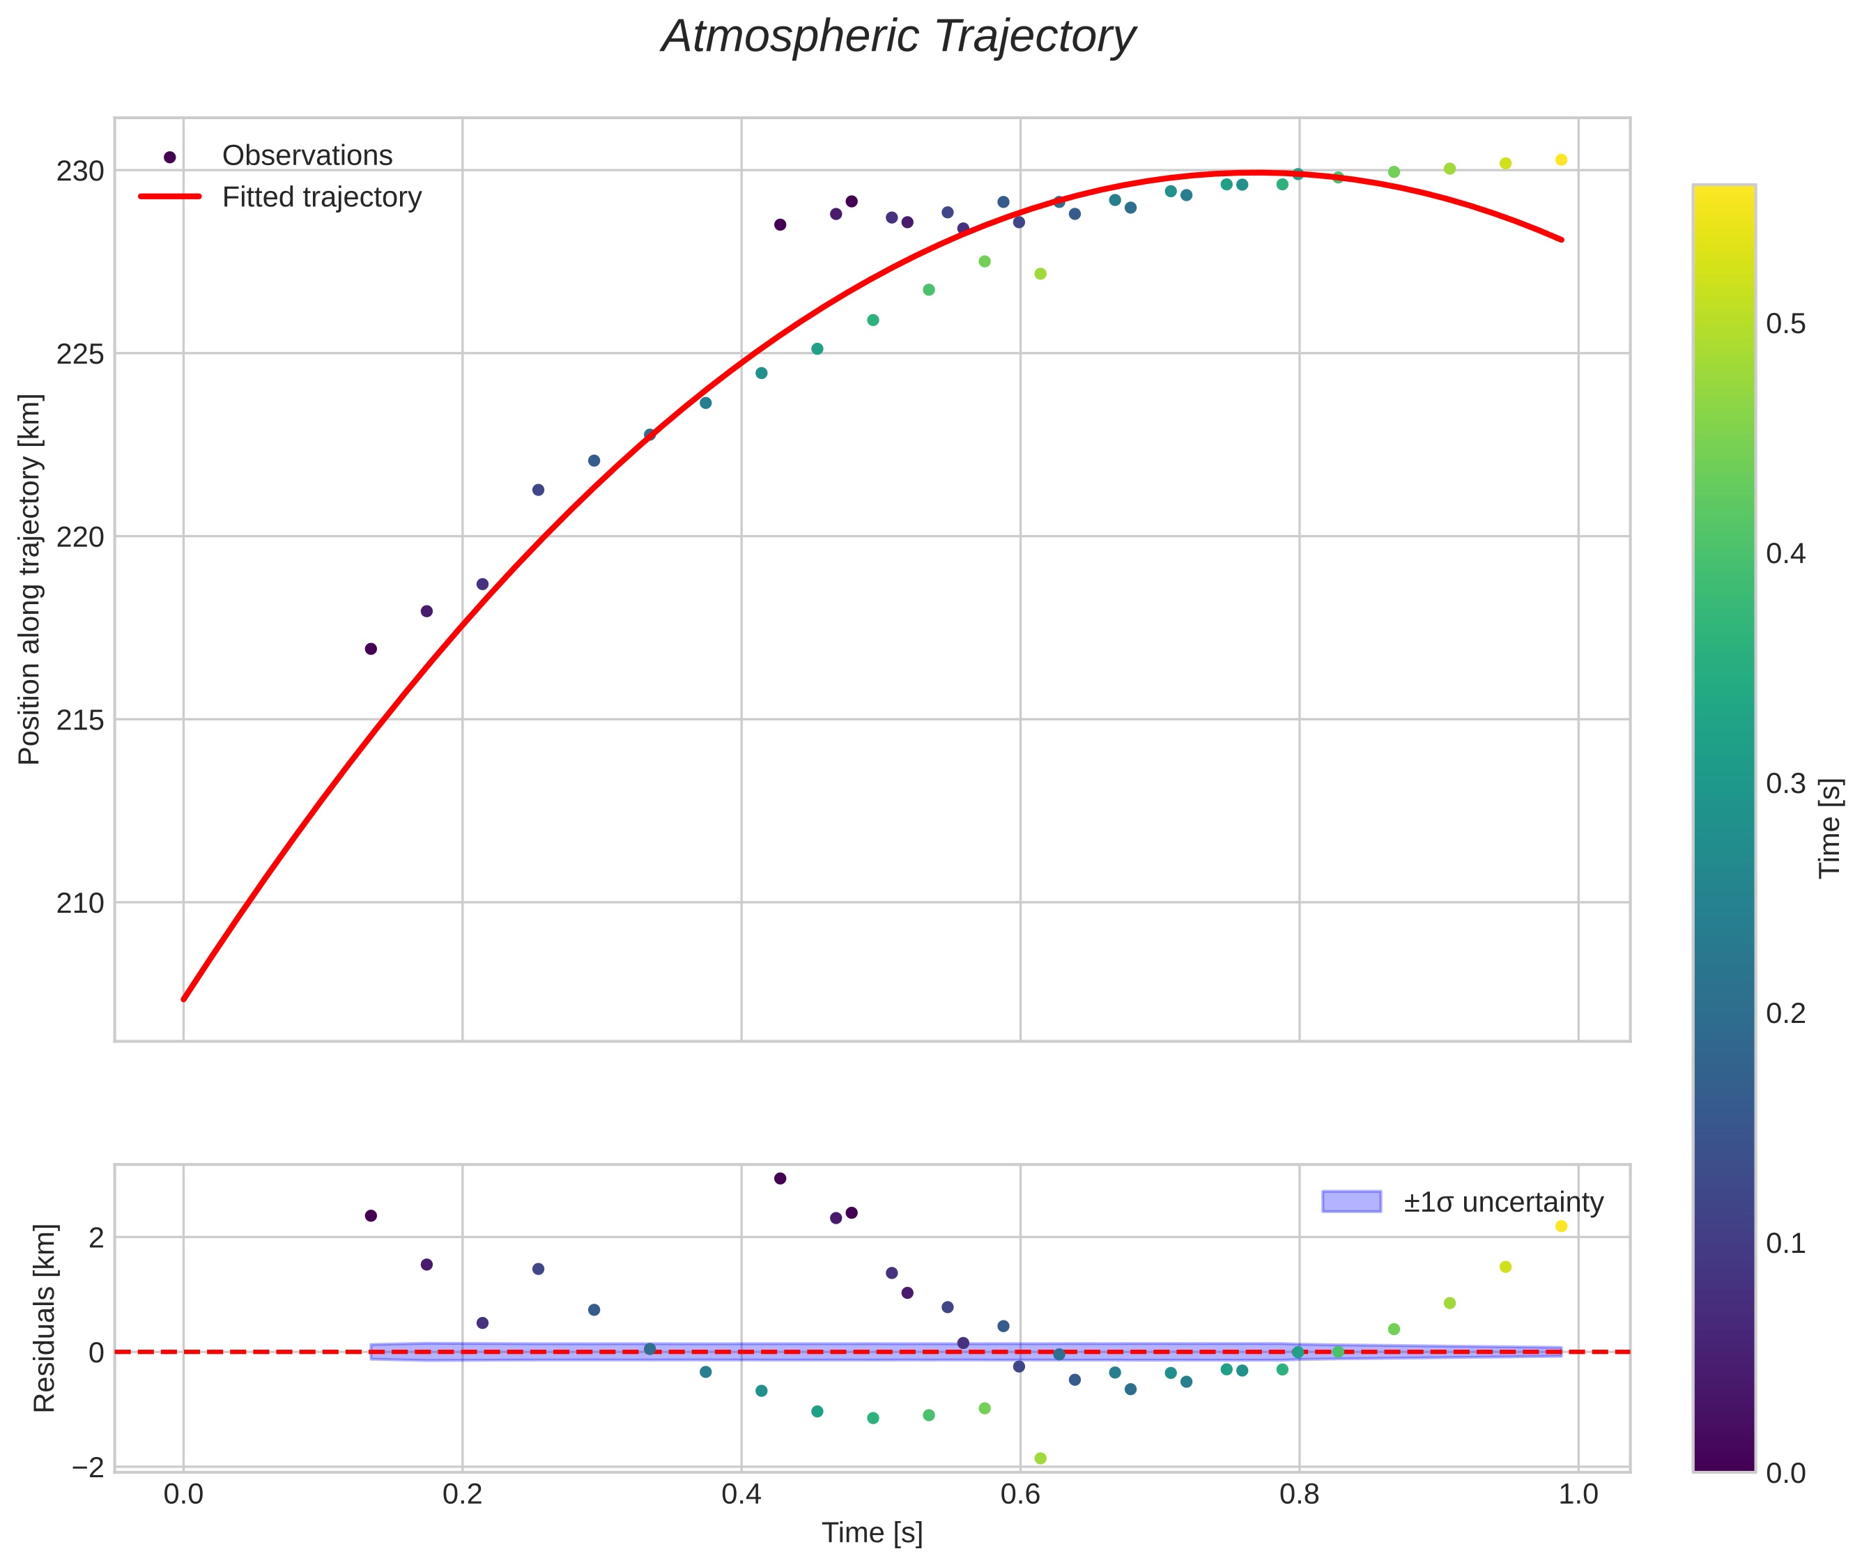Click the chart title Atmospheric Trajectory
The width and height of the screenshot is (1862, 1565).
tap(898, 37)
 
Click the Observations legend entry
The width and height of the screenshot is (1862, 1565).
tap(307, 155)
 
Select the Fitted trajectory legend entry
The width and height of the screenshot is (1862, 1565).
tap(321, 197)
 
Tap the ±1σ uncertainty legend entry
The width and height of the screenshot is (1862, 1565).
tap(1502, 1202)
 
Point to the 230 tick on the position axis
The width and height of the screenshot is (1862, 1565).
tap(80, 171)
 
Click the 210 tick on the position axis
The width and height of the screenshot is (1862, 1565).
tap(80, 903)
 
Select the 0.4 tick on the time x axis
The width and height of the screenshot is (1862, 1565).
tap(741, 1495)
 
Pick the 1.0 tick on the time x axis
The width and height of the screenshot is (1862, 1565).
tap(1578, 1495)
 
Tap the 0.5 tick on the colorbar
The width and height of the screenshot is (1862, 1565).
tap(1785, 325)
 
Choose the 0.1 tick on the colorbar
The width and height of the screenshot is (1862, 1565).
tap(1785, 1244)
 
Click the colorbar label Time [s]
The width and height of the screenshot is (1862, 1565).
tap(1829, 828)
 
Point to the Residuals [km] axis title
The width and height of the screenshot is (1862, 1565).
tap(45, 1318)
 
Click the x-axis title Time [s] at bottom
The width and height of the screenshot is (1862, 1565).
tap(872, 1533)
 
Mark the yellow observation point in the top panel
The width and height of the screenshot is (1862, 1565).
tap(1561, 160)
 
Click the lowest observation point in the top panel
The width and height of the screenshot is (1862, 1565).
tap(371, 649)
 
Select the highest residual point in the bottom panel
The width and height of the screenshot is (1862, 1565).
tap(780, 1178)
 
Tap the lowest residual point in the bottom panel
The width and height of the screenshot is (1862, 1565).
tap(1040, 1458)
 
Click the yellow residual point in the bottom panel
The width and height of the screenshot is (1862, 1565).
tap(1561, 1226)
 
